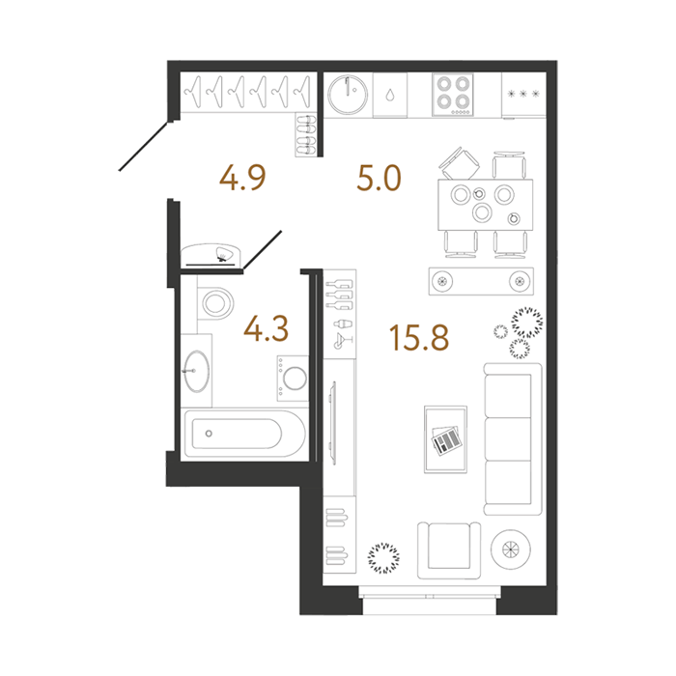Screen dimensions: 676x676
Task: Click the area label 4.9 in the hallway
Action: (x=242, y=178)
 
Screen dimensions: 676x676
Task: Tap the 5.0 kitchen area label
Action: (x=379, y=178)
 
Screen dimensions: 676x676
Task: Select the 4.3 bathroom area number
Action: (x=266, y=329)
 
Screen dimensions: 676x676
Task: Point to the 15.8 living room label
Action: (x=419, y=337)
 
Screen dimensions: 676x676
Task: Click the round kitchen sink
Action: (x=348, y=95)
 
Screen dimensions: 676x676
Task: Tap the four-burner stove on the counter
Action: (x=453, y=95)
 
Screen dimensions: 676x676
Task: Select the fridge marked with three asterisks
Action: (x=523, y=95)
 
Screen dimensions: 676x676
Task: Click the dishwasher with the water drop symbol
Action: (x=390, y=95)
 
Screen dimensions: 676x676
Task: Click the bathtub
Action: (x=244, y=434)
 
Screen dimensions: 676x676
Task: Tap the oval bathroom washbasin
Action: (x=196, y=371)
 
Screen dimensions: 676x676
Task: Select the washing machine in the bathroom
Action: (x=293, y=379)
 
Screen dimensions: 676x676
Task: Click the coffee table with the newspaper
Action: (x=446, y=439)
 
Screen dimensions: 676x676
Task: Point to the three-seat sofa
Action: (x=513, y=438)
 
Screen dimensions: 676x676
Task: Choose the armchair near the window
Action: (x=449, y=550)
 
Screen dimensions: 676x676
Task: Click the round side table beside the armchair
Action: (x=511, y=549)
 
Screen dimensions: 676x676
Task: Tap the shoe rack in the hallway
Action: (x=306, y=134)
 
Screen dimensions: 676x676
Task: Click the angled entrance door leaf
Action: (x=143, y=147)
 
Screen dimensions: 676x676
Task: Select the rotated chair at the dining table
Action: (x=460, y=163)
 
